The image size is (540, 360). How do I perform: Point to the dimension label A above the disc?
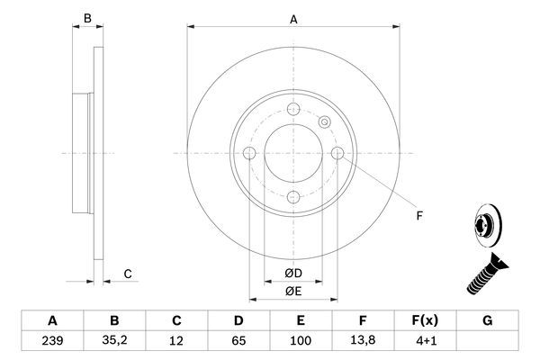[293, 18]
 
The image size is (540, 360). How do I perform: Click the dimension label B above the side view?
[87, 18]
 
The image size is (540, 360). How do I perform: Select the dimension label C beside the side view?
[128, 274]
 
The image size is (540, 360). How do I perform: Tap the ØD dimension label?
[293, 273]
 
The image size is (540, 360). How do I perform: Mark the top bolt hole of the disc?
[293, 110]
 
